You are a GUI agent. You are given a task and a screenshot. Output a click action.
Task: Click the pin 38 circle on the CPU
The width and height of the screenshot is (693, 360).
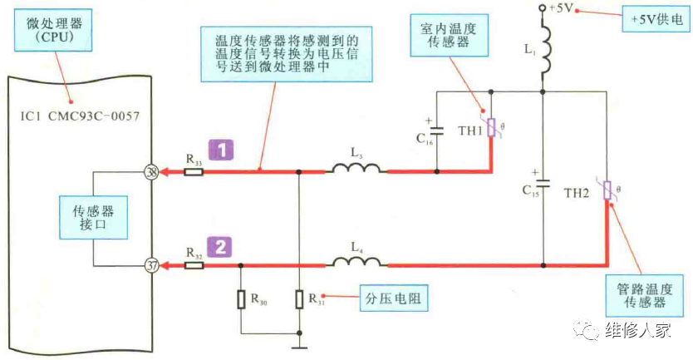[x=152, y=172]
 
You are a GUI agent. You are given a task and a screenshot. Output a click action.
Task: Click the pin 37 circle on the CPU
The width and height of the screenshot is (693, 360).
[x=152, y=265]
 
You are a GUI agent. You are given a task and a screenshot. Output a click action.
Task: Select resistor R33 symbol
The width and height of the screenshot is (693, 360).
[x=193, y=172]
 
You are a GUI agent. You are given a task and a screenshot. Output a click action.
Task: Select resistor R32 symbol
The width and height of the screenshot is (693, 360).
[x=193, y=265]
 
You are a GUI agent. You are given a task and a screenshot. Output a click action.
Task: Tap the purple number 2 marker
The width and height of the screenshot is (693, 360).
[x=221, y=246]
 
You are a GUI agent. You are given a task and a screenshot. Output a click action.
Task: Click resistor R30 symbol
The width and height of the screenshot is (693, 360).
[x=241, y=299]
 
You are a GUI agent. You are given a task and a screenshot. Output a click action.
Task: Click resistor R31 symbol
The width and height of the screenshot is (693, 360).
[x=299, y=299]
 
